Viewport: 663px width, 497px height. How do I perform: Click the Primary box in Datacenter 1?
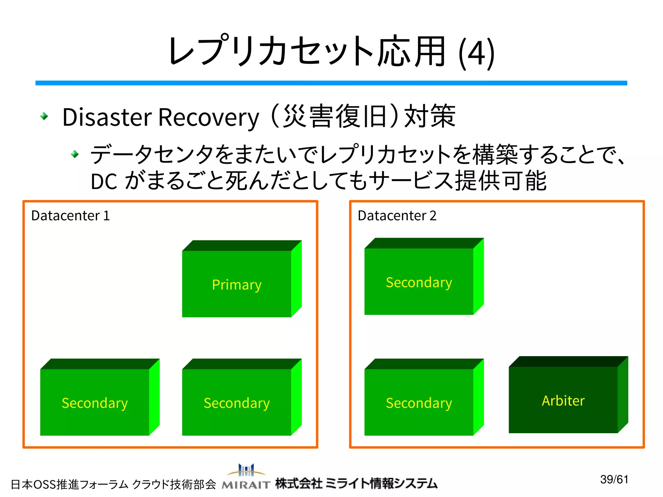click(237, 284)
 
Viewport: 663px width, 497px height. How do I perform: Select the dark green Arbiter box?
click(563, 400)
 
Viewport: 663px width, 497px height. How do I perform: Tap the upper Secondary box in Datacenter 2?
click(419, 282)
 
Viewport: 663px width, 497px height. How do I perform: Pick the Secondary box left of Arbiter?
click(419, 402)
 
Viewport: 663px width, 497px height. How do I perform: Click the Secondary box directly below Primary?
click(237, 402)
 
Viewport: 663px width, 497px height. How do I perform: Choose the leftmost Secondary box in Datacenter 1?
click(95, 402)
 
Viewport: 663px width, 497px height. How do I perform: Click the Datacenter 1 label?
click(70, 216)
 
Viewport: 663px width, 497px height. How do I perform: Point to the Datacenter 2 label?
click(397, 216)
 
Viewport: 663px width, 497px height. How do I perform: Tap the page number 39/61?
click(614, 479)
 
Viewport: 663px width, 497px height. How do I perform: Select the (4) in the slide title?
click(477, 53)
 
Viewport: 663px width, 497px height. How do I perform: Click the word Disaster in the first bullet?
click(107, 117)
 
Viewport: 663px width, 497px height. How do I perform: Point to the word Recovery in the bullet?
click(209, 117)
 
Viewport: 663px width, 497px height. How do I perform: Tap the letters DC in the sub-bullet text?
click(104, 181)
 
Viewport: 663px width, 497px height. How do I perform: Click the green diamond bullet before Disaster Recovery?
click(44, 116)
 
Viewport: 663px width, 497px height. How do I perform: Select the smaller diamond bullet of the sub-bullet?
click(75, 154)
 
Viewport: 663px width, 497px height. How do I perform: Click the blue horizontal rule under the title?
click(331, 83)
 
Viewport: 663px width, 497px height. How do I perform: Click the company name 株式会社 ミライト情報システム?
click(356, 483)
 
